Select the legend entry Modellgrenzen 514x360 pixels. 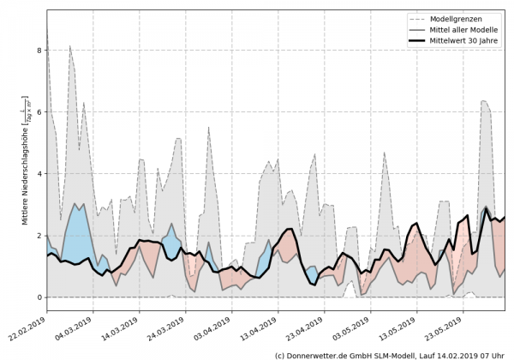pos(459,17)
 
